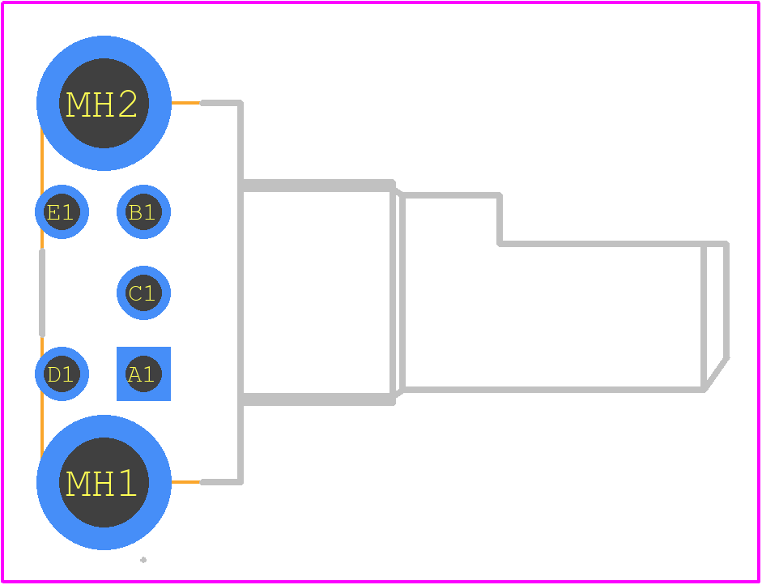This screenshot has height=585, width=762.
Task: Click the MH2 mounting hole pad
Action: (104, 103)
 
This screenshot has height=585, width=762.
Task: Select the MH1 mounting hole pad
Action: (104, 482)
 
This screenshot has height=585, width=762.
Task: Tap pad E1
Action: (62, 211)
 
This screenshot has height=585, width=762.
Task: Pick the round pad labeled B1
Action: (143, 211)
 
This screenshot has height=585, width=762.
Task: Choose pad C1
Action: (143, 292)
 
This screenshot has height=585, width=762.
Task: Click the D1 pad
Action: (62, 374)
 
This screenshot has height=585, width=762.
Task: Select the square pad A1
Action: (143, 374)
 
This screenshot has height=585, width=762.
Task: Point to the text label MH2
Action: (101, 104)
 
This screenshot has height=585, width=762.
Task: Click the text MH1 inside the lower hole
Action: (100, 484)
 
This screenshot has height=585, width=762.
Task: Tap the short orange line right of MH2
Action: (186, 103)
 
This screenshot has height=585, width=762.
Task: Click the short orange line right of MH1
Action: (186, 482)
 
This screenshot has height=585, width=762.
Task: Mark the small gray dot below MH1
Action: (143, 560)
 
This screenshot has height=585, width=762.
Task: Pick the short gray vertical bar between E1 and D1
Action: (42, 292)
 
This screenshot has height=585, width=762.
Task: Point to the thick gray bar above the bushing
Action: (317, 186)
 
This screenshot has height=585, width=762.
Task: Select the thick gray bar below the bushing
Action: (317, 399)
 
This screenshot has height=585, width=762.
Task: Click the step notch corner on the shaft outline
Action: (500, 244)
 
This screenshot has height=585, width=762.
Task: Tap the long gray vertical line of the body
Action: (241, 292)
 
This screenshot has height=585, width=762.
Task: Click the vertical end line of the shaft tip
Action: (726, 301)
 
